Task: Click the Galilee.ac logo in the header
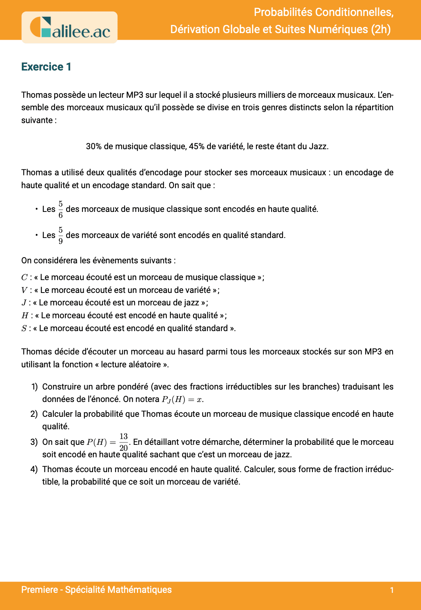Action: click(x=70, y=27)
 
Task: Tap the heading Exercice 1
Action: click(x=46, y=67)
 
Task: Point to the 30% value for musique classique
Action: click(x=94, y=146)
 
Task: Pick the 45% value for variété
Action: click(x=196, y=146)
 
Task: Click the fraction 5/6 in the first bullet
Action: click(x=61, y=209)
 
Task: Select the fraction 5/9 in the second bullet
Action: click(x=61, y=235)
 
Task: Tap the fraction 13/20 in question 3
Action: click(x=124, y=442)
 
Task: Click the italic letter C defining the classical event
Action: click(x=24, y=277)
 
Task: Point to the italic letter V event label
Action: click(x=24, y=290)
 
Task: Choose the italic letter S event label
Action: click(x=24, y=328)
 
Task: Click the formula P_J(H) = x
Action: click(x=182, y=399)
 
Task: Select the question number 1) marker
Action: click(x=34, y=387)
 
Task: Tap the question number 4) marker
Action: click(x=34, y=469)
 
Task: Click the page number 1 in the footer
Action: click(x=392, y=590)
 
